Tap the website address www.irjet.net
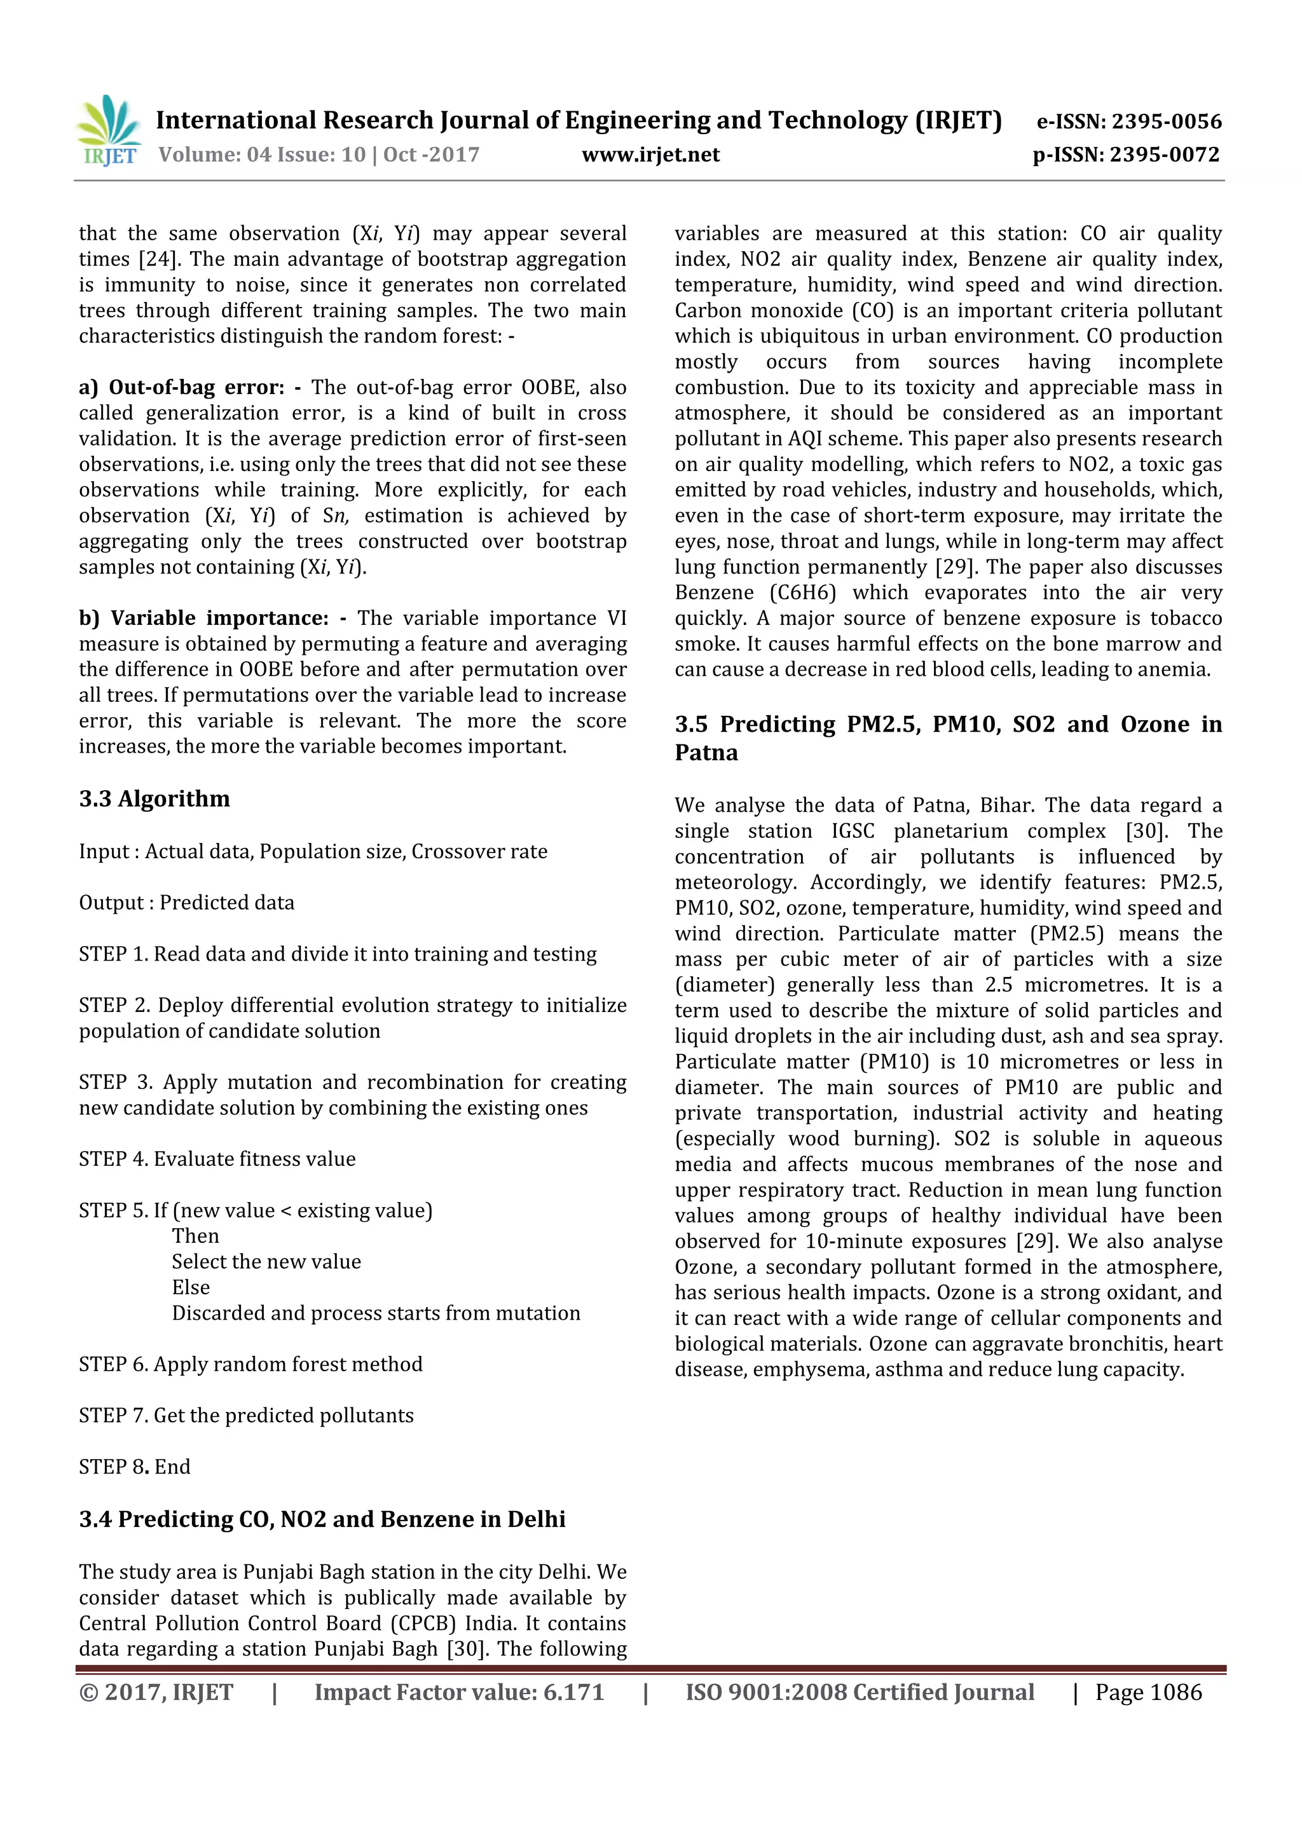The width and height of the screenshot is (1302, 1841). [x=650, y=154]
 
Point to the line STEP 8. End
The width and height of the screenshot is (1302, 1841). [x=134, y=1467]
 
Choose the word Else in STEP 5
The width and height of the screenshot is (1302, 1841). [x=191, y=1287]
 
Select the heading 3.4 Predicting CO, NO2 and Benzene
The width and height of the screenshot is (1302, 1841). [x=322, y=1519]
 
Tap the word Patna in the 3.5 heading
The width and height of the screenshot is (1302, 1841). [x=706, y=753]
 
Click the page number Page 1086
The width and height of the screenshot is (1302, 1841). [x=1148, y=1693]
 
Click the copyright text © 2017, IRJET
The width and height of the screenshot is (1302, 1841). [x=156, y=1693]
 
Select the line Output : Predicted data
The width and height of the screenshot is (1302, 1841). [x=186, y=902]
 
